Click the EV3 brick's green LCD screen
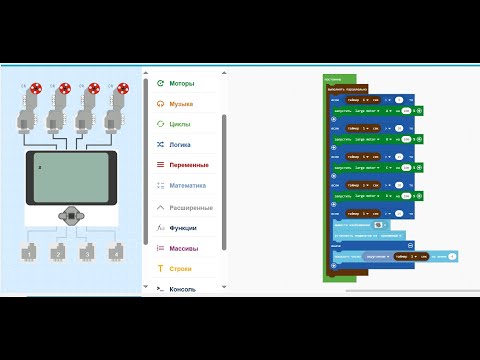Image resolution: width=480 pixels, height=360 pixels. tap(71, 177)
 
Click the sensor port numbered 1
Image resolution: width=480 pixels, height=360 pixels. tap(31, 254)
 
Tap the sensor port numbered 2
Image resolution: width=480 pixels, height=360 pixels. tap(59, 254)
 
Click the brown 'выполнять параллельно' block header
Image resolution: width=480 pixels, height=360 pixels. tap(349, 88)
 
